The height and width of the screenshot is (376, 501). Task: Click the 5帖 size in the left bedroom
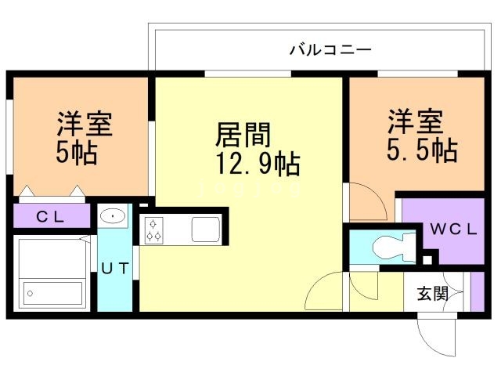[76, 152]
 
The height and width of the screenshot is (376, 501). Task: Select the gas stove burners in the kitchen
[153, 229]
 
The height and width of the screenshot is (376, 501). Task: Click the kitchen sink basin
[206, 230]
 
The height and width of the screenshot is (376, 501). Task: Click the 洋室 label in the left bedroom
[84, 124]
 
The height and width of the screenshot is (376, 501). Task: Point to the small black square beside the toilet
[427, 258]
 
